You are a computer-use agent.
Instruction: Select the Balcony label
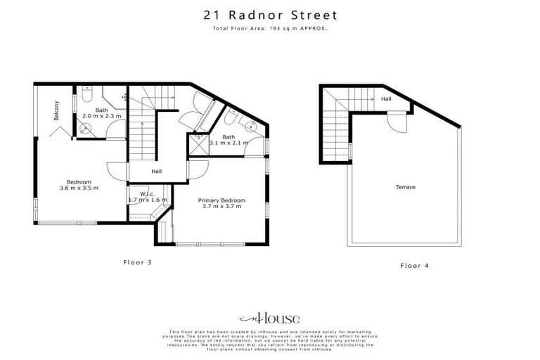56,111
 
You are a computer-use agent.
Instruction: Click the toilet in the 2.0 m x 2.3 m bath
85,96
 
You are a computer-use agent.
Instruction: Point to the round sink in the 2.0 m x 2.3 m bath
85,128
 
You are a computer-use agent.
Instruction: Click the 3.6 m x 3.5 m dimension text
79,188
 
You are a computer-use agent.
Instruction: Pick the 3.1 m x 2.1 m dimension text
229,143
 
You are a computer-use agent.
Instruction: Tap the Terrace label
406,187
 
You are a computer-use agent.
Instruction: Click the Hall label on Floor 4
386,99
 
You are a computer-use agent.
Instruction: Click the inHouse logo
270,318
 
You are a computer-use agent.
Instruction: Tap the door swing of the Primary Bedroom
198,169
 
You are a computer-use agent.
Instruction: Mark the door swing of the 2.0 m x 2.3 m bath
116,130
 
